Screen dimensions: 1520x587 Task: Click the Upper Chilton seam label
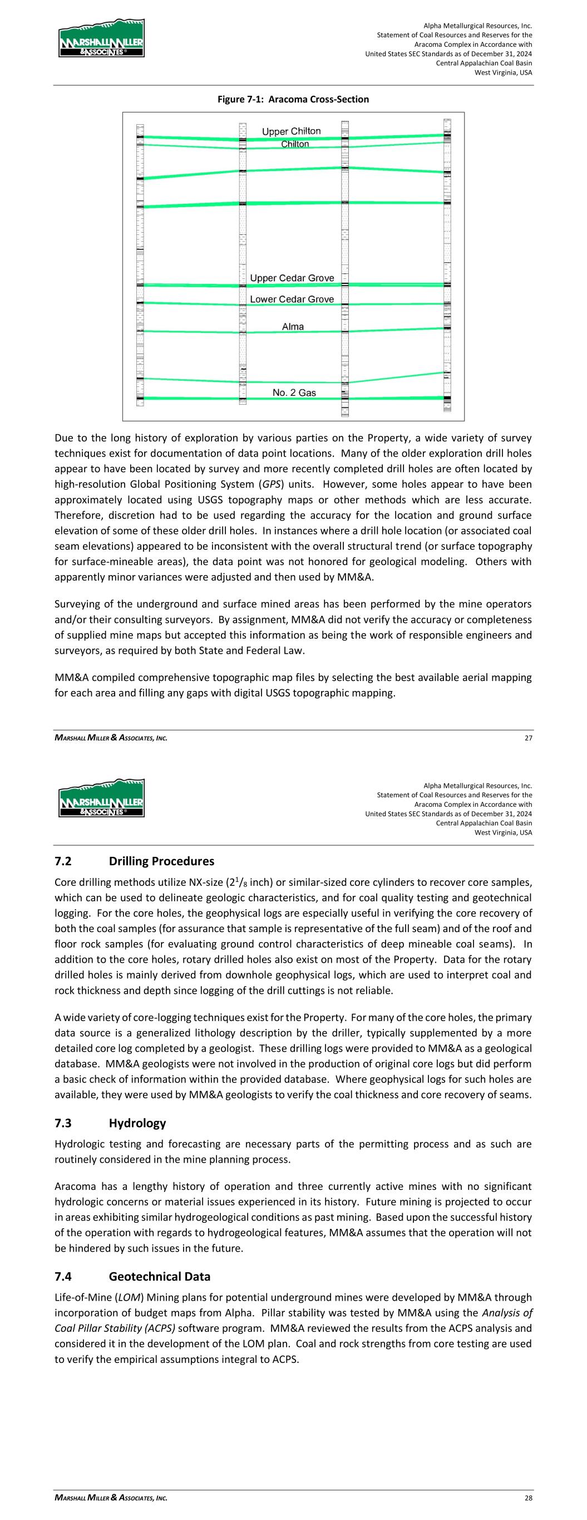coord(292,131)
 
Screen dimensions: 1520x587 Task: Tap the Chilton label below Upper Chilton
coord(294,144)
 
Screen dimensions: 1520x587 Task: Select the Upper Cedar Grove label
coord(292,278)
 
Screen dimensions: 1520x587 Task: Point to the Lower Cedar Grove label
coord(292,299)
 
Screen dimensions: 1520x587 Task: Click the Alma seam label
coord(293,326)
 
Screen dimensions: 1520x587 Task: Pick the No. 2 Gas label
coord(294,393)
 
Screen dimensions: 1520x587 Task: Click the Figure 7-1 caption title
coord(293,99)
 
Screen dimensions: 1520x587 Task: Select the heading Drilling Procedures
coord(162,861)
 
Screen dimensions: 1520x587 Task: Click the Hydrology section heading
coord(137,1123)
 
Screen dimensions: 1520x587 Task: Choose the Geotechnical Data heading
coord(159,1276)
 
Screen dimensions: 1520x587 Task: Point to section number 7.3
coord(63,1123)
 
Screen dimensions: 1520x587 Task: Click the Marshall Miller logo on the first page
coord(101,38)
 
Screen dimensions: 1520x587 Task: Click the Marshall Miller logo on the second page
coord(101,798)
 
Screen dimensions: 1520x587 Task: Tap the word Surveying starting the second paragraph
coord(77,604)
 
